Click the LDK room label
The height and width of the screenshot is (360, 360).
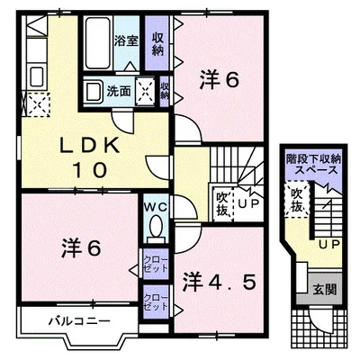pos(90,146)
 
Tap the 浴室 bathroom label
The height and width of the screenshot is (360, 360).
pos(126,41)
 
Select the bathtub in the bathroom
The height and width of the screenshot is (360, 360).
pos(97,43)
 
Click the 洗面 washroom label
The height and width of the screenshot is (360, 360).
pos(119,92)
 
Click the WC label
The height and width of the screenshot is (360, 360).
pos(156,208)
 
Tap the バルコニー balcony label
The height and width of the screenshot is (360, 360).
pos(80,321)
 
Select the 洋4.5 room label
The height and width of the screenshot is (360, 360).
pos(220,283)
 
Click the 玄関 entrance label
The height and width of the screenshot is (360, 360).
pos(325,290)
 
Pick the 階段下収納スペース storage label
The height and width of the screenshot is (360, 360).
pos(314,165)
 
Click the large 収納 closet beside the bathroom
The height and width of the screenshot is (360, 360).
pos(157,43)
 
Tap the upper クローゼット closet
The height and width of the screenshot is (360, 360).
pos(156,264)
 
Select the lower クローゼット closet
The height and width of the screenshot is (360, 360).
pos(156,301)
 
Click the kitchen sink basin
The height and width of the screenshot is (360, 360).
pos(36,76)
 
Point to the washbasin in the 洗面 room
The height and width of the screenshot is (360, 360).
pos(94,91)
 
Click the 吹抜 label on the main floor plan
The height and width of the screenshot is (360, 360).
pos(222,204)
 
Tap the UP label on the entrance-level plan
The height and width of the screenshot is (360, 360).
pos(329,244)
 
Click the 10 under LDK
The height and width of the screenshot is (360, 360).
pos(90,170)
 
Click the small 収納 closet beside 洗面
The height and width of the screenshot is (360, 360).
pos(165,91)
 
